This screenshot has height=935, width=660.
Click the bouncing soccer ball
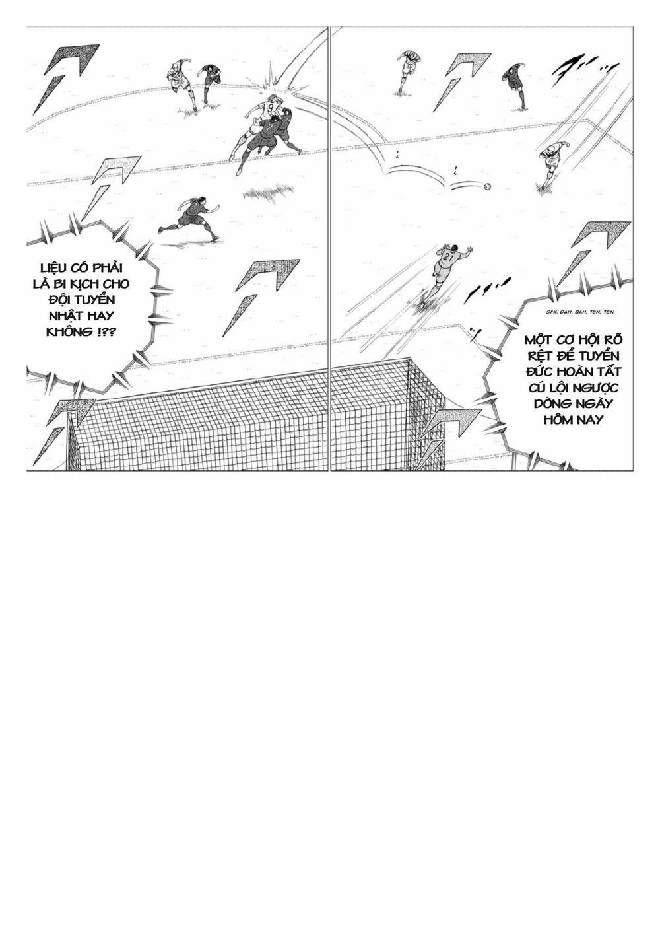click(487, 186)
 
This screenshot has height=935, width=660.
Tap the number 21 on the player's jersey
click(447, 256)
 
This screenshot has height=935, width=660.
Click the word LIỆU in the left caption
click(55, 267)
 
